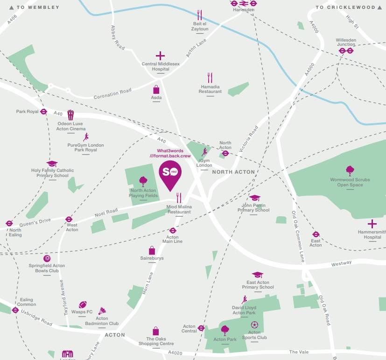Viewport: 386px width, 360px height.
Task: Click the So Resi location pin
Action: pos(170,173)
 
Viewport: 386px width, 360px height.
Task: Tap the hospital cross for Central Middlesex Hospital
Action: pos(160,56)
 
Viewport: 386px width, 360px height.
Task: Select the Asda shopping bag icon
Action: pos(156,90)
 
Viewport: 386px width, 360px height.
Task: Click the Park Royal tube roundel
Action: pos(43,112)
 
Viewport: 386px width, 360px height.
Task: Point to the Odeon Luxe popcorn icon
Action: pos(70,115)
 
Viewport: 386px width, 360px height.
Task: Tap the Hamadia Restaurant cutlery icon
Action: pos(210,78)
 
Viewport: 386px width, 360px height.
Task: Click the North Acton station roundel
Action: pos(225,153)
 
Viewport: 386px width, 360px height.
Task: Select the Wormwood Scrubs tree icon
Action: pos(350,170)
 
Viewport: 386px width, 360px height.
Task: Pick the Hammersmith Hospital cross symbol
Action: pos(372,224)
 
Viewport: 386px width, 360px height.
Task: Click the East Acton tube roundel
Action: pos(316,234)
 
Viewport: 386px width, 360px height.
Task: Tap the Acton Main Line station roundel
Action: pos(172,230)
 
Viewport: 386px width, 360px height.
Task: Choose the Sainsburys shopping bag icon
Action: pos(152,250)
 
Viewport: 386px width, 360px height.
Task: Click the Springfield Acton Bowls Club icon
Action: pos(47,258)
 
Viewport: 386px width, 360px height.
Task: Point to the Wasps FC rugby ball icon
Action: pos(83,305)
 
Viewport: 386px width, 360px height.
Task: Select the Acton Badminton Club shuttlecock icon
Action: pos(102,311)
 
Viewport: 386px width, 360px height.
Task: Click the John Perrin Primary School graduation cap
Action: pos(255,198)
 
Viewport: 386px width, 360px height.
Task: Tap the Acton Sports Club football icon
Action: pos(254,325)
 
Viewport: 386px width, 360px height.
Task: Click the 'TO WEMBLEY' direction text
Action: pos(38,7)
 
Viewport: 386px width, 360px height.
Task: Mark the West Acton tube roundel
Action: pos(69,219)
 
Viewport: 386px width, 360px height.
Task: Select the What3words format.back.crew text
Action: pos(170,153)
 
